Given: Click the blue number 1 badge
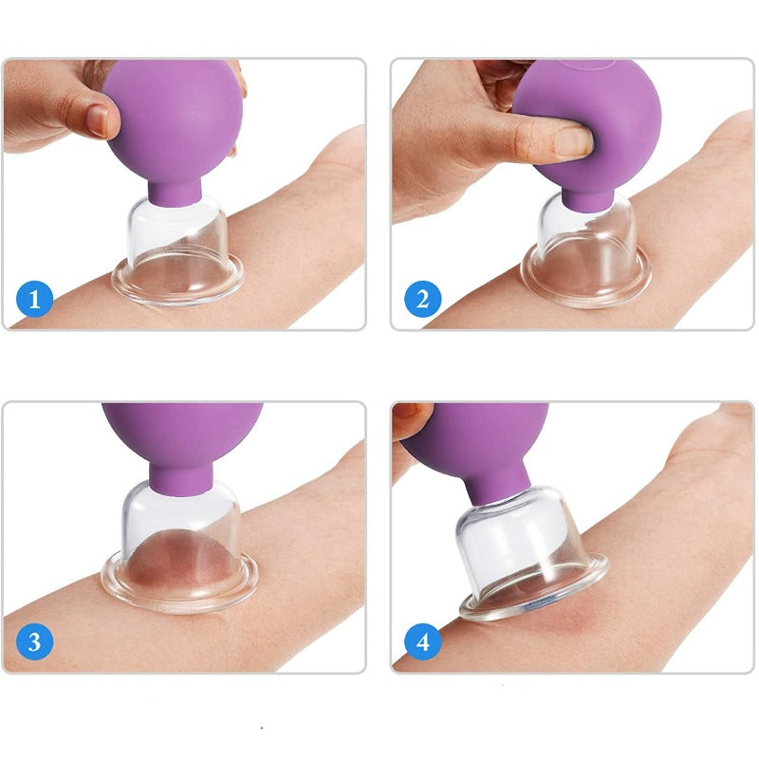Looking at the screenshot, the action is pos(34,299).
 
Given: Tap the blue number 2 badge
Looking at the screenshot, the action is pos(422,299).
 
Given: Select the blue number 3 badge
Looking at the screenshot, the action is pos(34,641).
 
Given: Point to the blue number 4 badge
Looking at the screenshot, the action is pos(422,641).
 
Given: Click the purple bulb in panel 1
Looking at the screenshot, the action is pos(173,121).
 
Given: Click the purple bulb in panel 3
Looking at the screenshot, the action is pos(182,435).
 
